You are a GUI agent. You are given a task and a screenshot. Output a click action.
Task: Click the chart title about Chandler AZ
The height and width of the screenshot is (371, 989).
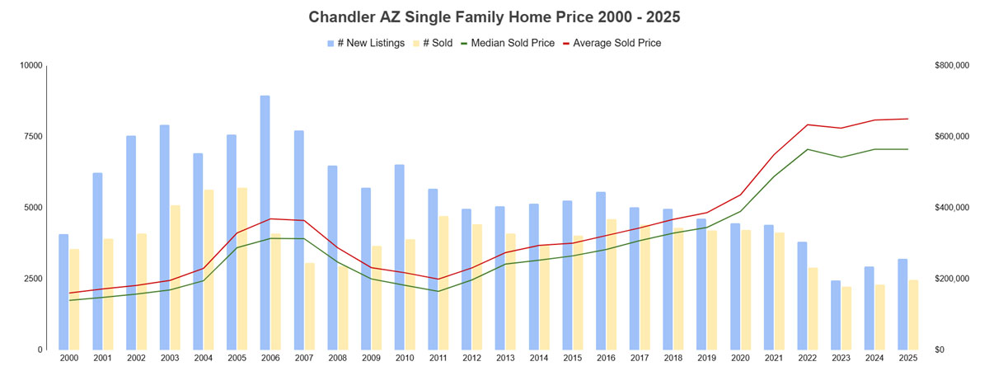coord(494,16)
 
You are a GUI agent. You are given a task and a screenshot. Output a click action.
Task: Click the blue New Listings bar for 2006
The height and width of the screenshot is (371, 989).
coord(265,223)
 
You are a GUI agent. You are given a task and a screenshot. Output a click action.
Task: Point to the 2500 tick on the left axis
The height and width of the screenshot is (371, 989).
coord(32,279)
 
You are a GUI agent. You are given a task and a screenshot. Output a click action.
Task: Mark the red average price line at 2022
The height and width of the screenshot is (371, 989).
coord(807,124)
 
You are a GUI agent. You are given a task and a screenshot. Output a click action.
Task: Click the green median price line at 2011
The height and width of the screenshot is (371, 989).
coord(438,291)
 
